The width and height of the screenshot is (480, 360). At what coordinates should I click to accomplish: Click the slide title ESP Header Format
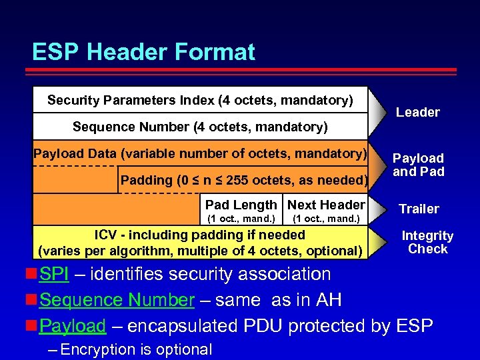coord(143,52)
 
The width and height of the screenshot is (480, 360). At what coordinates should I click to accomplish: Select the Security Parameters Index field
coord(200,101)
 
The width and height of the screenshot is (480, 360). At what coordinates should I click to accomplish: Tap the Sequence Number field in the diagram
coord(200,127)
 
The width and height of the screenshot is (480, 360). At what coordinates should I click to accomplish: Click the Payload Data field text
coord(200,154)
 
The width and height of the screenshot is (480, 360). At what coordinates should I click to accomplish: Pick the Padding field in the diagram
coord(243,180)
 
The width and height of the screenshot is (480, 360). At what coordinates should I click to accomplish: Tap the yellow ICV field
coord(200,243)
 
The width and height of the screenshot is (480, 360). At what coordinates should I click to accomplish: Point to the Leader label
coord(418,113)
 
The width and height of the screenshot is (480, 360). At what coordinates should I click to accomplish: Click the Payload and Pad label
coord(418,164)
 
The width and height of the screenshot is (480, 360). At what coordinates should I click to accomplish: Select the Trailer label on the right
coord(419,209)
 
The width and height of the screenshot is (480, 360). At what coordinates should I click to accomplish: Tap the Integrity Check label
coord(427,243)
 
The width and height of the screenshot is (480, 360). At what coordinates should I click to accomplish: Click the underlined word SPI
coord(54,275)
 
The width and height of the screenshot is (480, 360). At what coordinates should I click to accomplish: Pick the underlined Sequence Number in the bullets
coord(116,301)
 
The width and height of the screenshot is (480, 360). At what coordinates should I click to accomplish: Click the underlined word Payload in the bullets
coord(73,326)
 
